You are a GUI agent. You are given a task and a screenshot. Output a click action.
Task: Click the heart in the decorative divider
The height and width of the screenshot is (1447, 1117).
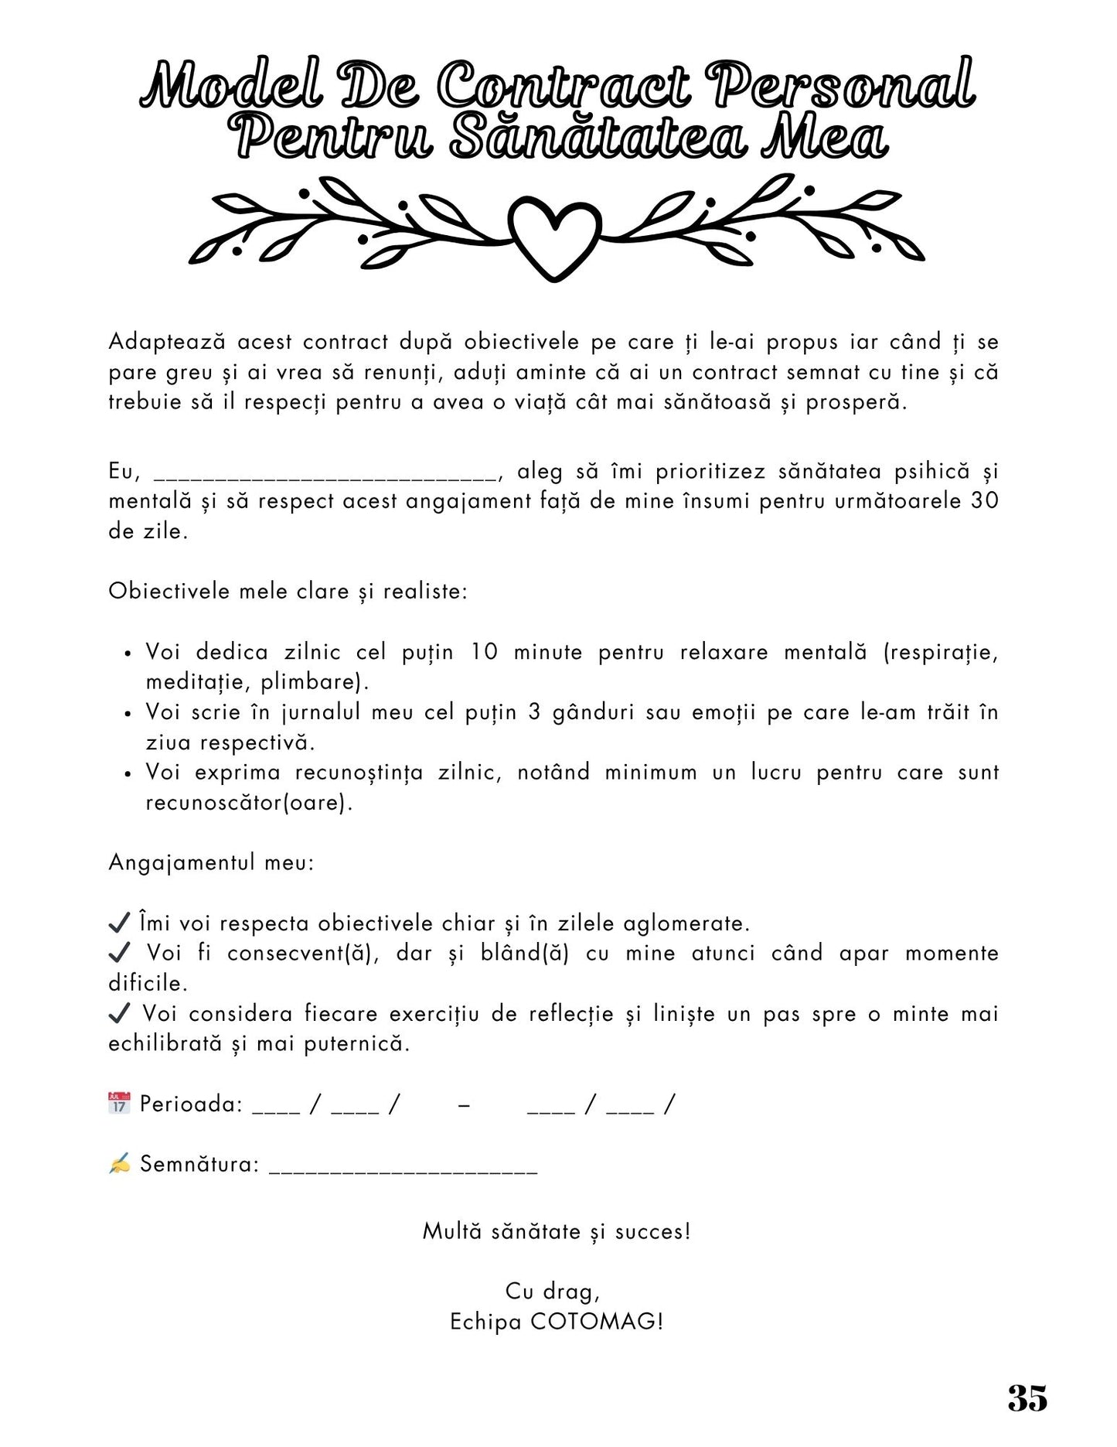pos(556,235)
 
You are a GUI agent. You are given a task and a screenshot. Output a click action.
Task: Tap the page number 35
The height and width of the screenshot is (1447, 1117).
pos(1027,1398)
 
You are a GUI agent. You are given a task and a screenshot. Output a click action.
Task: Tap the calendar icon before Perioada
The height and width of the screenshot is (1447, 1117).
pos(119,1103)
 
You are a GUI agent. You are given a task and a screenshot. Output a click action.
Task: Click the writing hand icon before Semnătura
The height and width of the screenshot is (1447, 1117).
pos(119,1163)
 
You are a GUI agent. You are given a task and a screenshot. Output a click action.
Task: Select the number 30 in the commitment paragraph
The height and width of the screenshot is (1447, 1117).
pos(984,501)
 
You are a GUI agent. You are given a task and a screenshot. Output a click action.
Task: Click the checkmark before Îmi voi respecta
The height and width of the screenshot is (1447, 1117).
pos(119,923)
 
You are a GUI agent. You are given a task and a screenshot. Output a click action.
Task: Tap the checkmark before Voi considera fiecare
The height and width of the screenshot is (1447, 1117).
pos(119,1013)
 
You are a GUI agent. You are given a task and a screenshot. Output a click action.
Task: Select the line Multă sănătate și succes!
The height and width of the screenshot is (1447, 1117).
pos(557,1231)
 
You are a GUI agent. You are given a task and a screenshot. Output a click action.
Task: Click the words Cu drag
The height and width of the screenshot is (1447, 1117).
pos(552,1292)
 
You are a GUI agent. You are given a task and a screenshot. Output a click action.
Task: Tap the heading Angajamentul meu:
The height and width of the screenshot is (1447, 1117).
pos(211,862)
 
